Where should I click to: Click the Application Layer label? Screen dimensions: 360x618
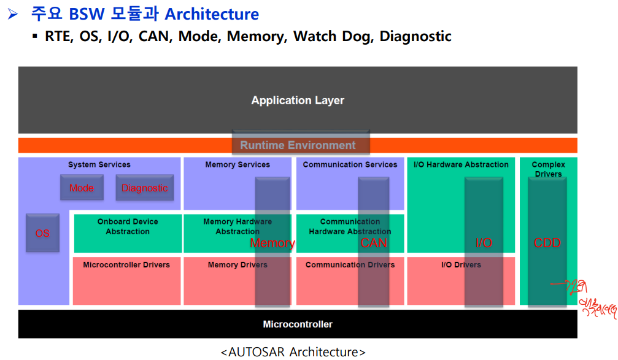[298, 101]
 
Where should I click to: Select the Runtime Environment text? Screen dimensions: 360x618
[298, 145]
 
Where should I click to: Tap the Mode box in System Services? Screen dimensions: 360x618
[82, 188]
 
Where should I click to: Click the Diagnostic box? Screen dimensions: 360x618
[145, 188]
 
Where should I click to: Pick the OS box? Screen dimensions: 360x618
[42, 233]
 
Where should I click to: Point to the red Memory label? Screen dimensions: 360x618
[272, 243]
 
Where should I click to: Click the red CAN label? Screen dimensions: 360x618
[374, 243]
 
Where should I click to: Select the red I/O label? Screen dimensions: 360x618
[484, 243]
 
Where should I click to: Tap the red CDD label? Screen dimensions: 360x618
[547, 243]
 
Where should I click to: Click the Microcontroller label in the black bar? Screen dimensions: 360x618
[298, 324]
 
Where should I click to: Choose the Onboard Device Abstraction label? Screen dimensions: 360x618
[128, 226]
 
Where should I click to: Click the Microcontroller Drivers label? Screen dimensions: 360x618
[126, 265]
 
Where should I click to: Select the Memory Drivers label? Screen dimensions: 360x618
[238, 265]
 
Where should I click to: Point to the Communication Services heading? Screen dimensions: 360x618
[350, 164]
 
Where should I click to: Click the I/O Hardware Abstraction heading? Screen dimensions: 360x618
[461, 164]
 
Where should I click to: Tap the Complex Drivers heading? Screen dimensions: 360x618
[548, 169]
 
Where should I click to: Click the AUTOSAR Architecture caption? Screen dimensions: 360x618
[293, 352]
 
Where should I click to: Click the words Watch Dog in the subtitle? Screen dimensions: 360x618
[332, 36]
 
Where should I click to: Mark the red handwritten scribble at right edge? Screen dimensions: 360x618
[592, 297]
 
